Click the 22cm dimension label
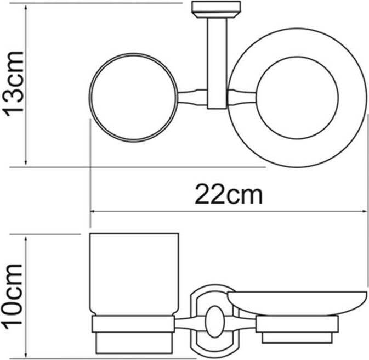[228, 195]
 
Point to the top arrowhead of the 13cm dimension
[26, 8]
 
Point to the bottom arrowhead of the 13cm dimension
[26, 162]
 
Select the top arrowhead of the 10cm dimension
[26, 238]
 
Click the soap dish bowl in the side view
[297, 303]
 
